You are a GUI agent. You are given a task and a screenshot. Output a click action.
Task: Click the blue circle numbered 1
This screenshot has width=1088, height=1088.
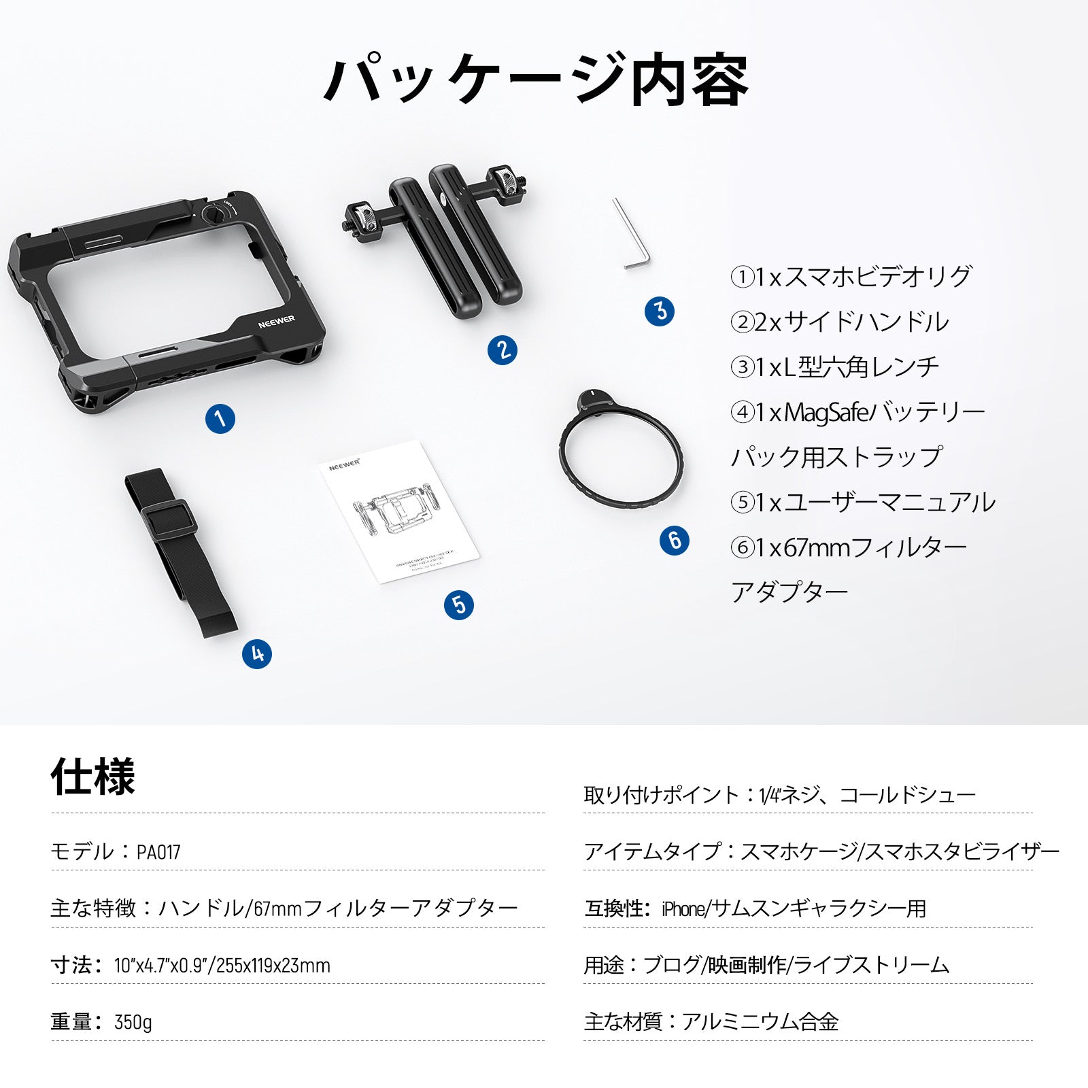(x=220, y=418)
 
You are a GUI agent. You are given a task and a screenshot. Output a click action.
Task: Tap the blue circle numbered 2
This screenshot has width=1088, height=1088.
(x=503, y=350)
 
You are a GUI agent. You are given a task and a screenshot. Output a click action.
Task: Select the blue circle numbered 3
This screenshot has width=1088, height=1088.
(x=660, y=311)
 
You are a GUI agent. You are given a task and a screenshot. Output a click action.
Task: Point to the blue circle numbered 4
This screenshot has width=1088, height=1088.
(x=257, y=654)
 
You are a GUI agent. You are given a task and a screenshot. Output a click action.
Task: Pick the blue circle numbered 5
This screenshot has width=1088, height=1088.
(x=459, y=605)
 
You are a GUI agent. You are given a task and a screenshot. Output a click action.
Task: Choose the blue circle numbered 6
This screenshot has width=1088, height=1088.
(x=675, y=541)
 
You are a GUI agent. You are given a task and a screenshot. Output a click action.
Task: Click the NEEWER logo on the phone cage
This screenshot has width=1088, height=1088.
(x=276, y=320)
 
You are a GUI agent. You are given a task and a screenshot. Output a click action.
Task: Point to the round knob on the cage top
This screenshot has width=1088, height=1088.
(x=212, y=216)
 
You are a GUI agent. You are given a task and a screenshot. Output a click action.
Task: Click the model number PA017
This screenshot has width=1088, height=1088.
(x=158, y=852)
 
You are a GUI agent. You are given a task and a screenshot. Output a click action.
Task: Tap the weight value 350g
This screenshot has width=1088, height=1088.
(x=133, y=1022)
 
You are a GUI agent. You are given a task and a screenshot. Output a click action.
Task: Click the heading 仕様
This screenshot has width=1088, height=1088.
(x=93, y=777)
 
